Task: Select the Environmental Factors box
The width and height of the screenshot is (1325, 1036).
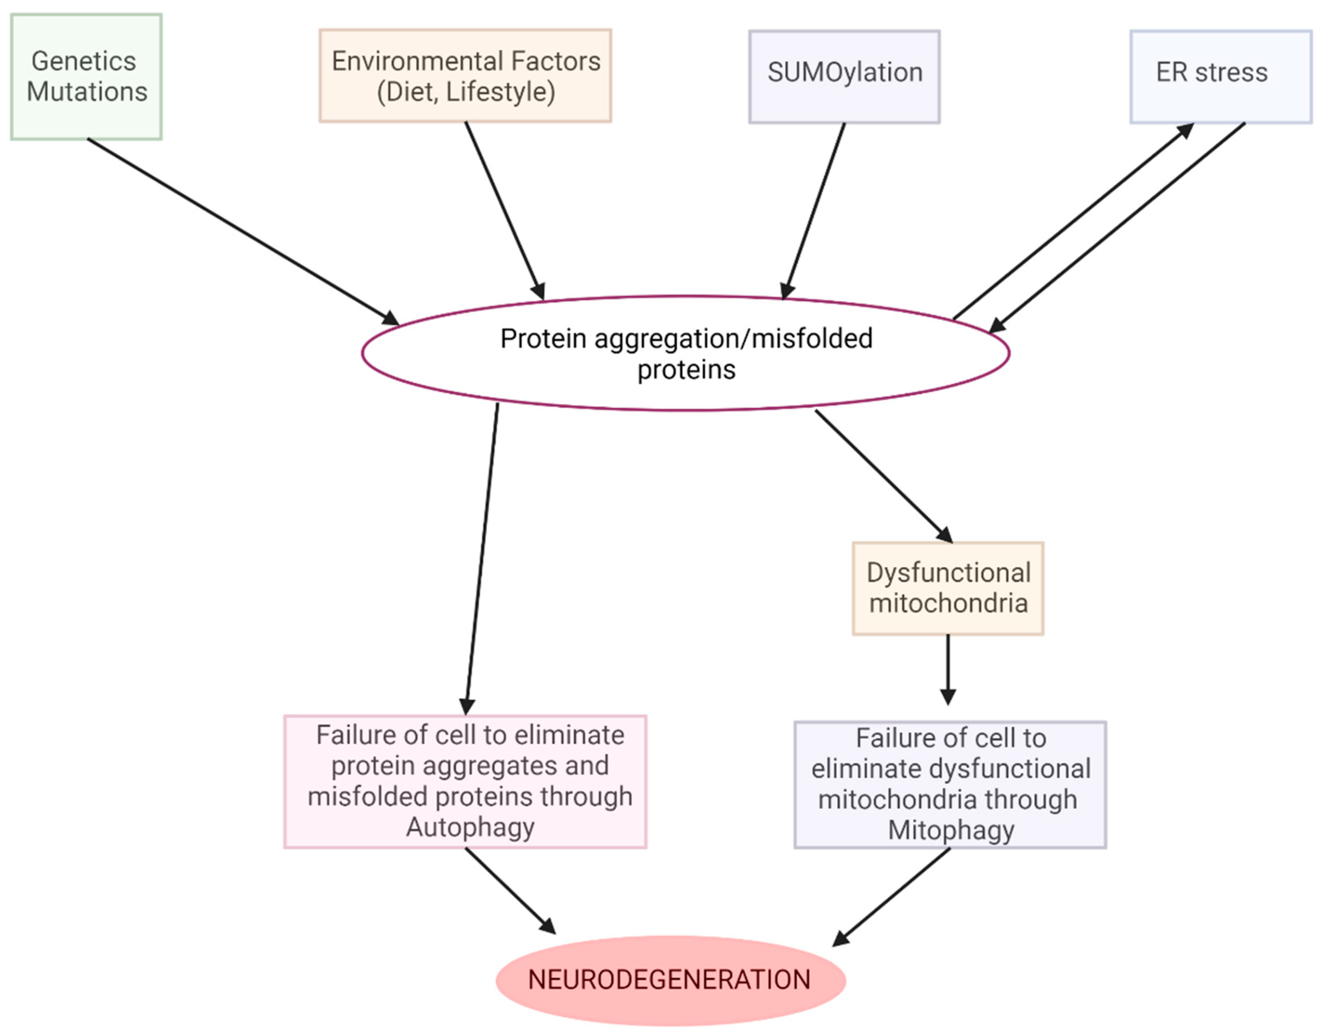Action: click(x=465, y=76)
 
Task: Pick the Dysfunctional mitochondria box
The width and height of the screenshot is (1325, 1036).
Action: click(x=948, y=588)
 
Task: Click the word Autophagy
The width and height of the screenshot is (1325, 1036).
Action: click(x=470, y=826)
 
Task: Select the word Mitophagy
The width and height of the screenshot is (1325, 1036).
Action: click(x=951, y=830)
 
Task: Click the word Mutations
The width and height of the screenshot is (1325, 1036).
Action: click(x=87, y=92)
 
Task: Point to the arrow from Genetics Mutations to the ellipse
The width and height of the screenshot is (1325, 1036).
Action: click(x=243, y=231)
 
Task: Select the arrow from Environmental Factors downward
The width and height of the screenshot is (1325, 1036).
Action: click(x=504, y=210)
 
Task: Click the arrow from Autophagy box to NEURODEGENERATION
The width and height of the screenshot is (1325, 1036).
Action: click(x=510, y=890)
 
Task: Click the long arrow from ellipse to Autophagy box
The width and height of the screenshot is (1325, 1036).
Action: click(x=482, y=558)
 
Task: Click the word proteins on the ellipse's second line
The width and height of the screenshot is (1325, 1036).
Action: click(x=686, y=370)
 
